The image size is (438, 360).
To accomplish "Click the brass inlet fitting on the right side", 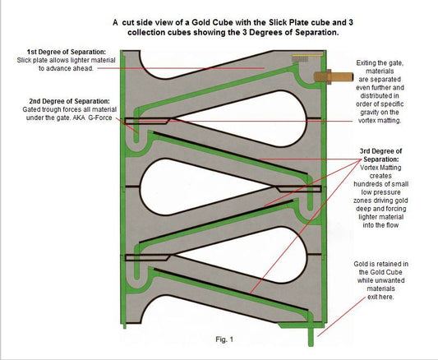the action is (334, 76).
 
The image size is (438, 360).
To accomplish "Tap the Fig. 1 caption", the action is (224, 339).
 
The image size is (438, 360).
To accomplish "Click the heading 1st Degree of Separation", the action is (67, 52).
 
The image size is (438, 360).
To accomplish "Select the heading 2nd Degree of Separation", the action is (70, 101).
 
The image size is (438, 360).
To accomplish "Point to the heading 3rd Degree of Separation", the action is (380, 155).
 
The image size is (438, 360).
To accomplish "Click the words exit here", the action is (380, 297).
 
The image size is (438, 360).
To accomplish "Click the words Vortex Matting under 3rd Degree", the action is (380, 168).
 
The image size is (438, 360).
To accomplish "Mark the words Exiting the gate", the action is (380, 62).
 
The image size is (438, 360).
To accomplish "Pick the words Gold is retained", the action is (374, 264).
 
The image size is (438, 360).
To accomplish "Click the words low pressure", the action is (380, 192).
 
